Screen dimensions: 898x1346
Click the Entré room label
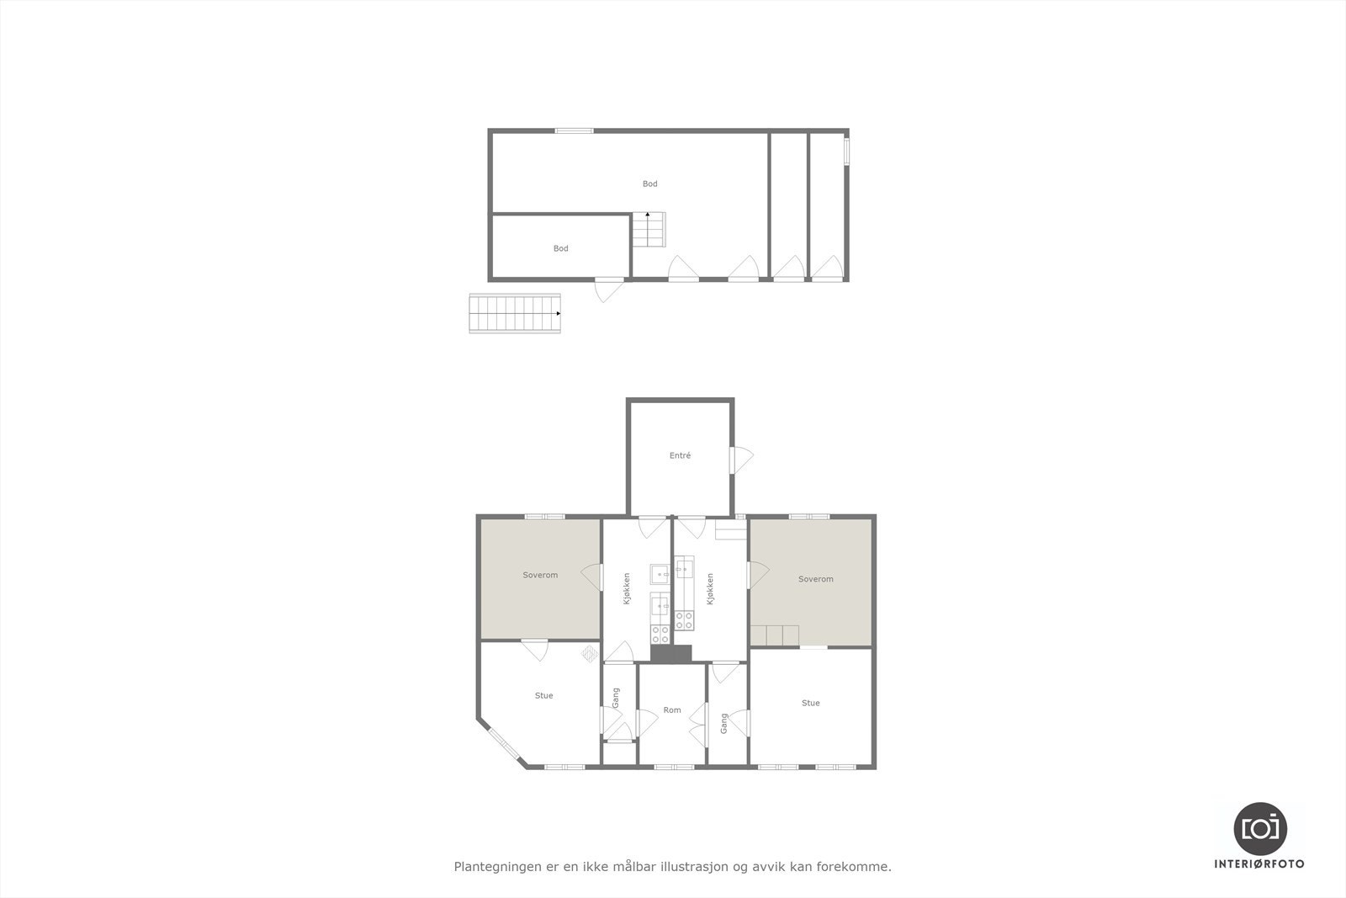coord(680,455)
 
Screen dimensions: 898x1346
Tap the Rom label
coord(671,710)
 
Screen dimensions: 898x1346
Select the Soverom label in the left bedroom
coord(540,575)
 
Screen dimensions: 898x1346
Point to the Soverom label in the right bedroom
coord(815,579)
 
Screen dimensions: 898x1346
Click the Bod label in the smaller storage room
coord(560,248)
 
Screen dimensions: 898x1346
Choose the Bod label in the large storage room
coord(649,183)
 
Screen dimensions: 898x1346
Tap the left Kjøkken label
coord(627,589)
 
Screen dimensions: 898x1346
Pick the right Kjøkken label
coord(710,589)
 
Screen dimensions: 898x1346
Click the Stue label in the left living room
coord(543,696)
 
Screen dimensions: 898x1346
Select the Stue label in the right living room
coord(810,703)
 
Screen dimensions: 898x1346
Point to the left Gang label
coord(616,697)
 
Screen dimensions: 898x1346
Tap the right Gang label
coord(723,723)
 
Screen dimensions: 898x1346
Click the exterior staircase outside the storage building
coord(515,313)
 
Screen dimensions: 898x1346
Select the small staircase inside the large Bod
coord(649,229)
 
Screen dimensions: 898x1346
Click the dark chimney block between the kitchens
coord(670,654)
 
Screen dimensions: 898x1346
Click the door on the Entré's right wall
coord(740,459)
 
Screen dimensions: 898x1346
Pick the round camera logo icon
coord(1259,828)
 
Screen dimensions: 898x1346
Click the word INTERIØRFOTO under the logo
coord(1259,863)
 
